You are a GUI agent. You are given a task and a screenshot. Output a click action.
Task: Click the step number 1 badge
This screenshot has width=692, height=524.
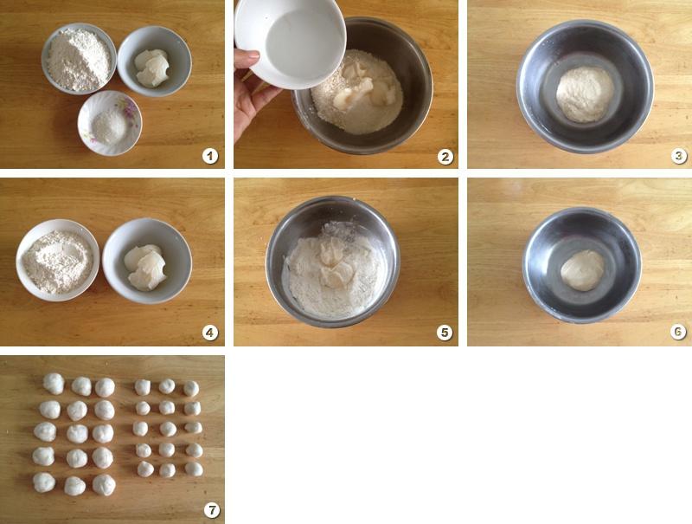click(x=210, y=156)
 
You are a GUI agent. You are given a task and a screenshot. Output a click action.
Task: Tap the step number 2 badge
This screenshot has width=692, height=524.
click(x=445, y=157)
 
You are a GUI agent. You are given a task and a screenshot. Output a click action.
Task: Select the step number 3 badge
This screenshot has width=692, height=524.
click(x=679, y=156)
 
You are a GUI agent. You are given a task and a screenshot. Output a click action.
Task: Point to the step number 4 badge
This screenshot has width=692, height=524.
click(x=210, y=333)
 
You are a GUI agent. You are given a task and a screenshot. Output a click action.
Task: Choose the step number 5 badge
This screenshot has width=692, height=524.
click(x=445, y=333)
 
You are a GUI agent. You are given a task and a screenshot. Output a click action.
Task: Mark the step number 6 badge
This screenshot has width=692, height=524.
click(x=678, y=332)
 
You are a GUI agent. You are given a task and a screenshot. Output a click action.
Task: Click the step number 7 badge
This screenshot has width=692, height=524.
click(x=212, y=510)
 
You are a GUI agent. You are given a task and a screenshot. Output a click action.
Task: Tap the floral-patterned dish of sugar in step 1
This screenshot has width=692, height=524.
click(x=110, y=123)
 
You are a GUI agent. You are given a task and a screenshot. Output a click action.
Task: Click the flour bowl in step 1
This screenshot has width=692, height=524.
click(x=79, y=59)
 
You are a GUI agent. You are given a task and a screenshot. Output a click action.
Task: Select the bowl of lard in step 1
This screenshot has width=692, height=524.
click(x=155, y=61)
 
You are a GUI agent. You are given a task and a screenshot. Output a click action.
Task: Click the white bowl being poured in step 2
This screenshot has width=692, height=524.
click(x=290, y=42)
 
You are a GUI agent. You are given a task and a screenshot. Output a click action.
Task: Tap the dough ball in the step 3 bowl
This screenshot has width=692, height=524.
click(x=585, y=94)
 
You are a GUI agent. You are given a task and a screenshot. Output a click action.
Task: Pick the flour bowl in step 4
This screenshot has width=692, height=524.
click(x=58, y=260)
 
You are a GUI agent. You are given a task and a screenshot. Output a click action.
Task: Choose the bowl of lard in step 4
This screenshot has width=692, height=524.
click(x=147, y=261)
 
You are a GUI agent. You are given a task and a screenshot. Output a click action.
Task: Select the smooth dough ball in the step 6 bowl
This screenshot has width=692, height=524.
click(x=582, y=270)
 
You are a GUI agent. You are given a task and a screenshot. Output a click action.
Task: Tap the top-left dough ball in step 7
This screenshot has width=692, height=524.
click(x=54, y=384)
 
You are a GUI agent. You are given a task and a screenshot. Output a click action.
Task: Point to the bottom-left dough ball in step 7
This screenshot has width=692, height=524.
click(x=44, y=482)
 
